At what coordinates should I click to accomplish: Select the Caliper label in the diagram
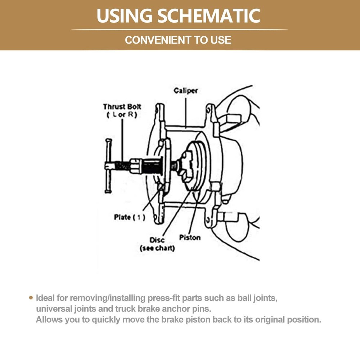[185, 91]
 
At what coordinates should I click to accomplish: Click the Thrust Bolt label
[122, 107]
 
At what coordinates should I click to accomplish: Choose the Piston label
[190, 238]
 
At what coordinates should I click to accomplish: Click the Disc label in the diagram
[157, 240]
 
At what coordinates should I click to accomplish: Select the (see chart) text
[157, 248]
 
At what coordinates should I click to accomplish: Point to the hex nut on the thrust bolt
[136, 166]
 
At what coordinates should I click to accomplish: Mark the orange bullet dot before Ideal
[31, 298]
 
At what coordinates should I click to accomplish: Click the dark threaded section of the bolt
[153, 166]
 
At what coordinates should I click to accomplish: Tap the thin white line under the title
[180, 29]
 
